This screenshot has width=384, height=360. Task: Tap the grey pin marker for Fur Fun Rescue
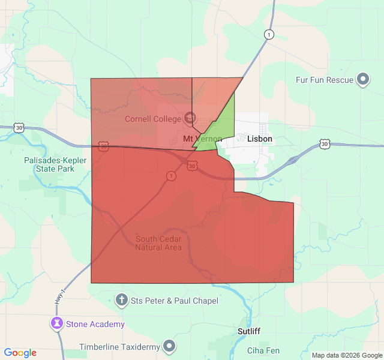(363, 79)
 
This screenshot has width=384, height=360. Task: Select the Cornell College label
(152, 119)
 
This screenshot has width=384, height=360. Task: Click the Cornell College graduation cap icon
(190, 118)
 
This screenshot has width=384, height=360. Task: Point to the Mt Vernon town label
(202, 139)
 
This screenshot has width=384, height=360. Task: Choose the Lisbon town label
(260, 139)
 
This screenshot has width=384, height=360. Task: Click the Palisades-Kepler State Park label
(55, 164)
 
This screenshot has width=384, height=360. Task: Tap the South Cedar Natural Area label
(158, 243)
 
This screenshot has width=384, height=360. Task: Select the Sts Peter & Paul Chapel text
(175, 300)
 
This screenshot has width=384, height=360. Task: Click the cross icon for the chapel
(121, 299)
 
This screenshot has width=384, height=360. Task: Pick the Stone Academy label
(95, 324)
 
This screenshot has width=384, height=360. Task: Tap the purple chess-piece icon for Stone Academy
(57, 324)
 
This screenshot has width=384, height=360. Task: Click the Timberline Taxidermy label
(121, 346)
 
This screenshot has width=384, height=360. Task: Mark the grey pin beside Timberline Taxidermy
(170, 346)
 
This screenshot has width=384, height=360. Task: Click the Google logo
(20, 353)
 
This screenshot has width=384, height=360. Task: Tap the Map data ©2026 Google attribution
(347, 355)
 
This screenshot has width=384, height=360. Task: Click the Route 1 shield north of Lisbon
(269, 35)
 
